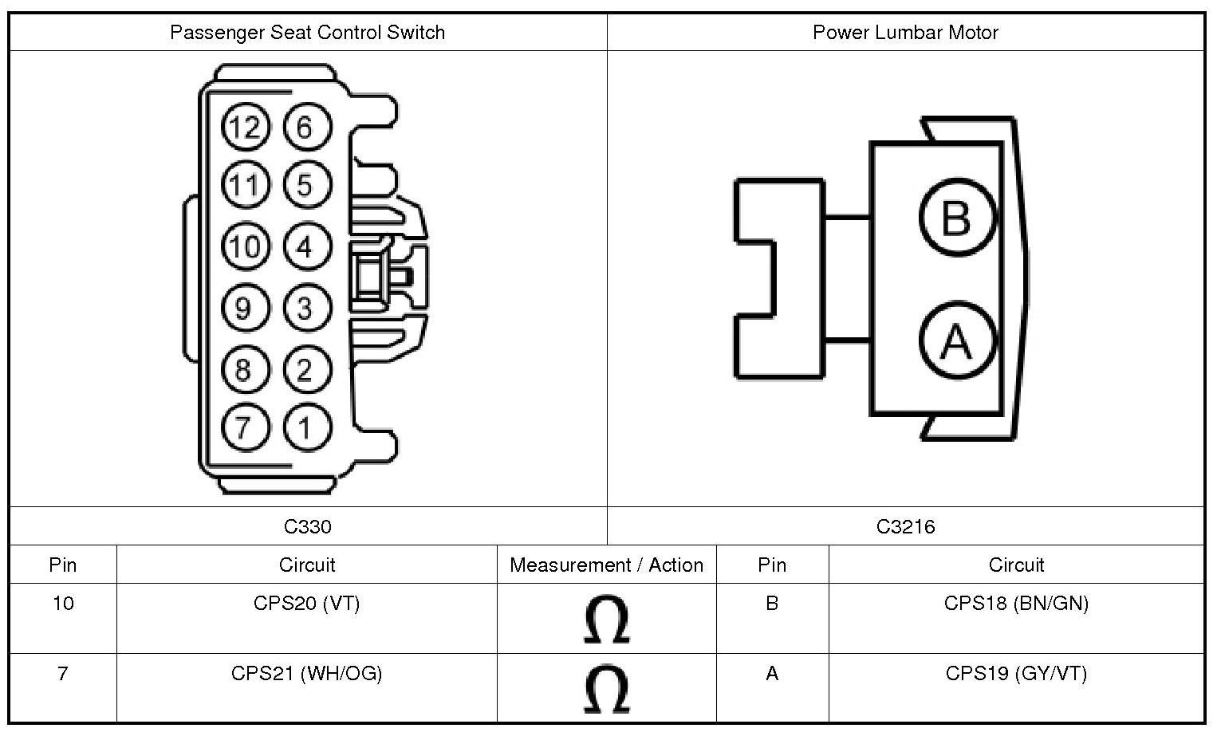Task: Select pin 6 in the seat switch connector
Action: (x=305, y=128)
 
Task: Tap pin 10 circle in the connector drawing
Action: (x=245, y=246)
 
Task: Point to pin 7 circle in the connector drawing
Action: (x=243, y=427)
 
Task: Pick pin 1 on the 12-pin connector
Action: (x=305, y=427)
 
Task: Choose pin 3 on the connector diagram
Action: (x=305, y=308)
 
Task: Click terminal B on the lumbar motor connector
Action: (x=957, y=217)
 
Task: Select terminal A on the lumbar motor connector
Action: (x=957, y=341)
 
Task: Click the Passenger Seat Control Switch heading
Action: (x=307, y=33)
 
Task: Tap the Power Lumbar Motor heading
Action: (x=905, y=33)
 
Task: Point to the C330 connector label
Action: (x=307, y=527)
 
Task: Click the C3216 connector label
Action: (x=905, y=527)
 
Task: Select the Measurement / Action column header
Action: (x=606, y=565)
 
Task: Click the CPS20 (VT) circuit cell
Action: (x=307, y=604)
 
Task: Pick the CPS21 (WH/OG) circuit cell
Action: (x=307, y=674)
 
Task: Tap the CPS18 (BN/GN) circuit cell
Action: (x=1016, y=604)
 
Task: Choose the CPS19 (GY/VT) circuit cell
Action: (x=1016, y=674)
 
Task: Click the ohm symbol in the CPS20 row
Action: (x=606, y=620)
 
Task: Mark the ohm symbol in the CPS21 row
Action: (x=606, y=690)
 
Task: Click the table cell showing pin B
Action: (x=772, y=604)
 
